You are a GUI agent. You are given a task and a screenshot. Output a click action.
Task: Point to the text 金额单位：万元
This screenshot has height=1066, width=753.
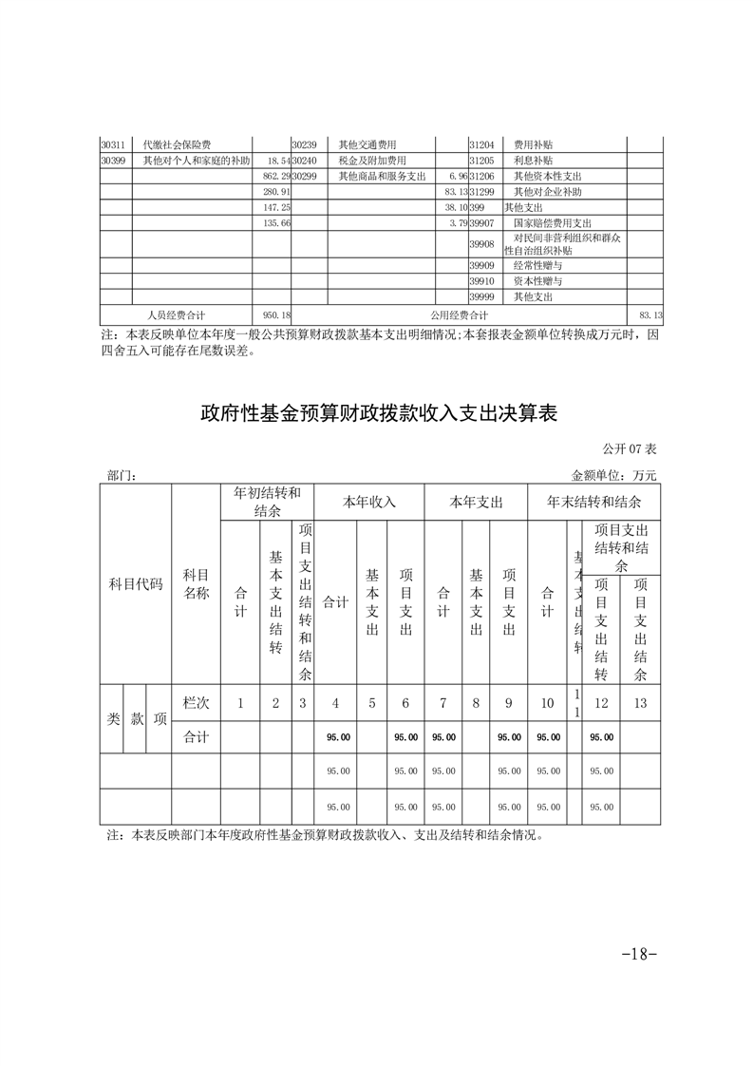point(614,474)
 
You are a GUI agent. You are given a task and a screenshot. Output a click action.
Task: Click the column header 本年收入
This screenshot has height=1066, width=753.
point(369,501)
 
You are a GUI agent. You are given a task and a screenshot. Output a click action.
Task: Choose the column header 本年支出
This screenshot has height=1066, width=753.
point(476,501)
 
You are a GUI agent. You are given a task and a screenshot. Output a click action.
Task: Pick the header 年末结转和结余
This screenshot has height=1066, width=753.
point(594,501)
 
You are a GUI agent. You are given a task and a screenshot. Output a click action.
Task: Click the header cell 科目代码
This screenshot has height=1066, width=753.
point(136,582)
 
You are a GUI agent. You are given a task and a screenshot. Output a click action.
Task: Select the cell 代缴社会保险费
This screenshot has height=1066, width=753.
point(177,145)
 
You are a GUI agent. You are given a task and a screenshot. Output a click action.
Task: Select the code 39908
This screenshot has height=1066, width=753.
point(482,244)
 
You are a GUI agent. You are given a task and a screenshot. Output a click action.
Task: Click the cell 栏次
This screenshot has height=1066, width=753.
point(196,703)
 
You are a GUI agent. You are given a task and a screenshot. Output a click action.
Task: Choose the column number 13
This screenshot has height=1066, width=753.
point(640,703)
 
